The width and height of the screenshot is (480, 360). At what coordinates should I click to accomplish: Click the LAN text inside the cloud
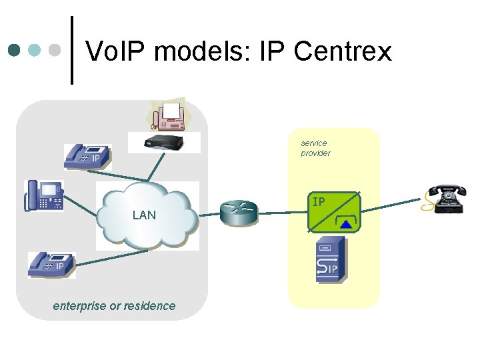pyautogui.click(x=144, y=215)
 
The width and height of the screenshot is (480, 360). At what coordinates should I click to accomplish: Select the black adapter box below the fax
pyautogui.click(x=172, y=141)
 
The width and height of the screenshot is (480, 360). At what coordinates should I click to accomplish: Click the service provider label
pyautogui.click(x=315, y=148)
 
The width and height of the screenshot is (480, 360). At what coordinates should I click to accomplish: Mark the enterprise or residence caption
pyautogui.click(x=114, y=306)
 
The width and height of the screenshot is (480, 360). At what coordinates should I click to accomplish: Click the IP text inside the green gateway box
pyautogui.click(x=319, y=201)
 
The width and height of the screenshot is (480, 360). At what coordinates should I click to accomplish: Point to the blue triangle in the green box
pyautogui.click(x=345, y=225)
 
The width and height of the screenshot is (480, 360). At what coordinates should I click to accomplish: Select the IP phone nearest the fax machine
pyautogui.click(x=87, y=157)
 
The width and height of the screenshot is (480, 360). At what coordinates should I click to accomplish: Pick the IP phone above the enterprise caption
pyautogui.click(x=51, y=265)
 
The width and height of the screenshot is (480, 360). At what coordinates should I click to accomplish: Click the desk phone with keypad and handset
pyautogui.click(x=43, y=196)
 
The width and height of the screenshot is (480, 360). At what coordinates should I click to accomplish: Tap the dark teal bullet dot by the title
pyautogui.click(x=15, y=50)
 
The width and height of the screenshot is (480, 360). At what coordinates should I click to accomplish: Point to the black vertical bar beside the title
pyautogui.click(x=72, y=50)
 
